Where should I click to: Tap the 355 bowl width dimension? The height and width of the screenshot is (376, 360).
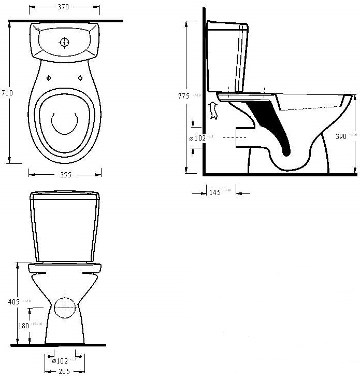[65, 175]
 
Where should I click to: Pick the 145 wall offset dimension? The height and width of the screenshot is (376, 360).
[214, 192]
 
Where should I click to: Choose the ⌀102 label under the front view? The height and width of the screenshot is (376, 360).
[61, 360]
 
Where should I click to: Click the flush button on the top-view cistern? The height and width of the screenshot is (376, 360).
[65, 41]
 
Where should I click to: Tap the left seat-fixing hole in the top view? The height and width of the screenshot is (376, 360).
[49, 78]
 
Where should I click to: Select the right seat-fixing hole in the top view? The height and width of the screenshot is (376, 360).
[81, 78]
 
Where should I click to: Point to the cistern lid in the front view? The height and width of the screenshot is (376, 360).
[65, 196]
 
